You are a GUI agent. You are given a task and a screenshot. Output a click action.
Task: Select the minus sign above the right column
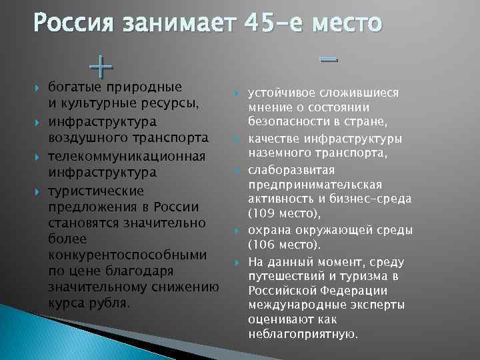click(x=328, y=59)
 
